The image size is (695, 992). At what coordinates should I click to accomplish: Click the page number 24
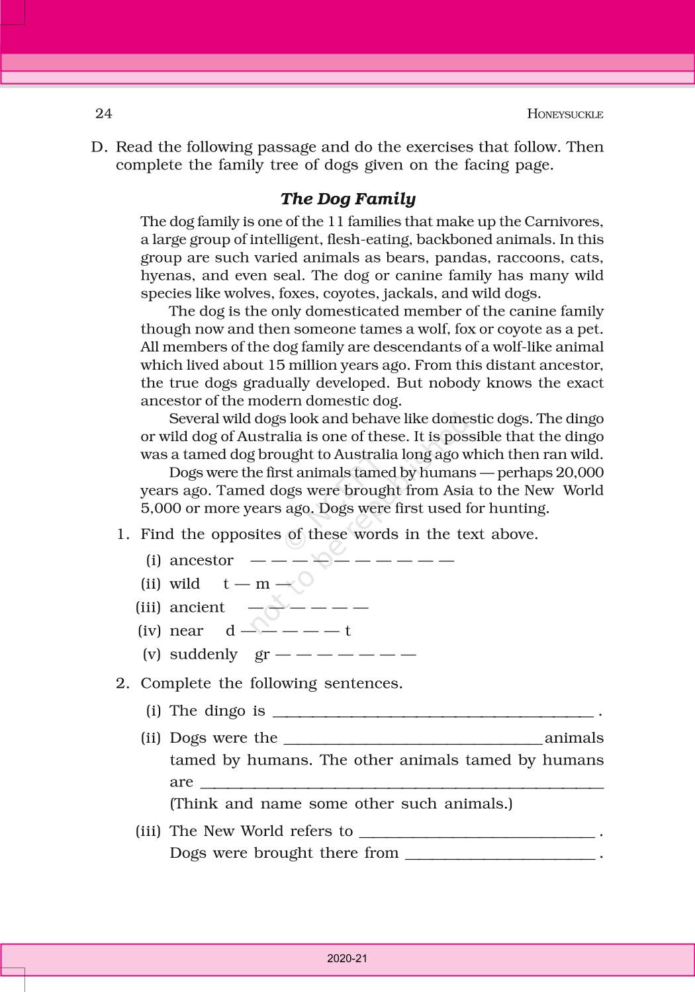[x=104, y=114]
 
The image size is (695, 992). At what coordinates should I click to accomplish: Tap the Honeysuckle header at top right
[x=565, y=114]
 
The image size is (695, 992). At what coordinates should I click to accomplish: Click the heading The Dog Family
[x=348, y=199]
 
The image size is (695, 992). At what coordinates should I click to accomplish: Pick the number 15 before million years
[x=276, y=365]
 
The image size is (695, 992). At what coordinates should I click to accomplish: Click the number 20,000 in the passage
[x=579, y=472]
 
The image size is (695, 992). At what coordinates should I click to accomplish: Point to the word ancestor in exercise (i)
[x=201, y=561]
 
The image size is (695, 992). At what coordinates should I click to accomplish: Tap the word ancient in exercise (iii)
[x=197, y=608]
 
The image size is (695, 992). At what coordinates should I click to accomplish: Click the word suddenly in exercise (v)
[x=203, y=655]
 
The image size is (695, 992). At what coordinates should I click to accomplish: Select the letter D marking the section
[x=98, y=147]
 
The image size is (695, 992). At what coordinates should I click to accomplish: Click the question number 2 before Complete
[x=121, y=683]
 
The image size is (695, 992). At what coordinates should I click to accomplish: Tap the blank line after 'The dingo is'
[x=433, y=713]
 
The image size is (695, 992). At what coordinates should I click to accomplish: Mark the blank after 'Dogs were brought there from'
[x=500, y=854]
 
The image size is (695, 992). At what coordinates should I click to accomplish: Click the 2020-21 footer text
[x=347, y=958]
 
